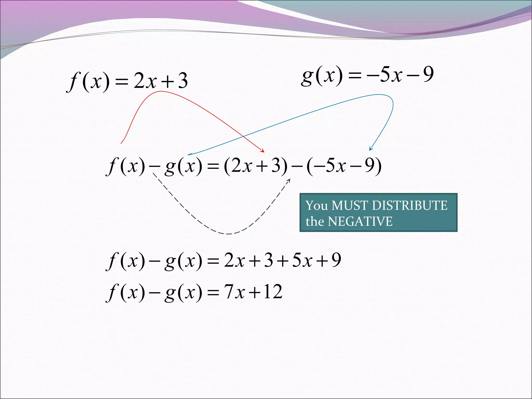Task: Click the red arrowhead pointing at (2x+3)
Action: point(263,151)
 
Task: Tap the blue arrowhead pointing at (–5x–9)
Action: point(371,149)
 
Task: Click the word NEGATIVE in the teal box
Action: point(360,222)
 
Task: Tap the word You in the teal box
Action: point(316,205)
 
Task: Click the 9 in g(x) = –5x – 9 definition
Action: point(428,74)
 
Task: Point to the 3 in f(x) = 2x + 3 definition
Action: point(183,81)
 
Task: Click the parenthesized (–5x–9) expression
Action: point(344,166)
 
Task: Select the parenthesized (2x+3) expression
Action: point(256,166)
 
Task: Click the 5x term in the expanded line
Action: point(302,260)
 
